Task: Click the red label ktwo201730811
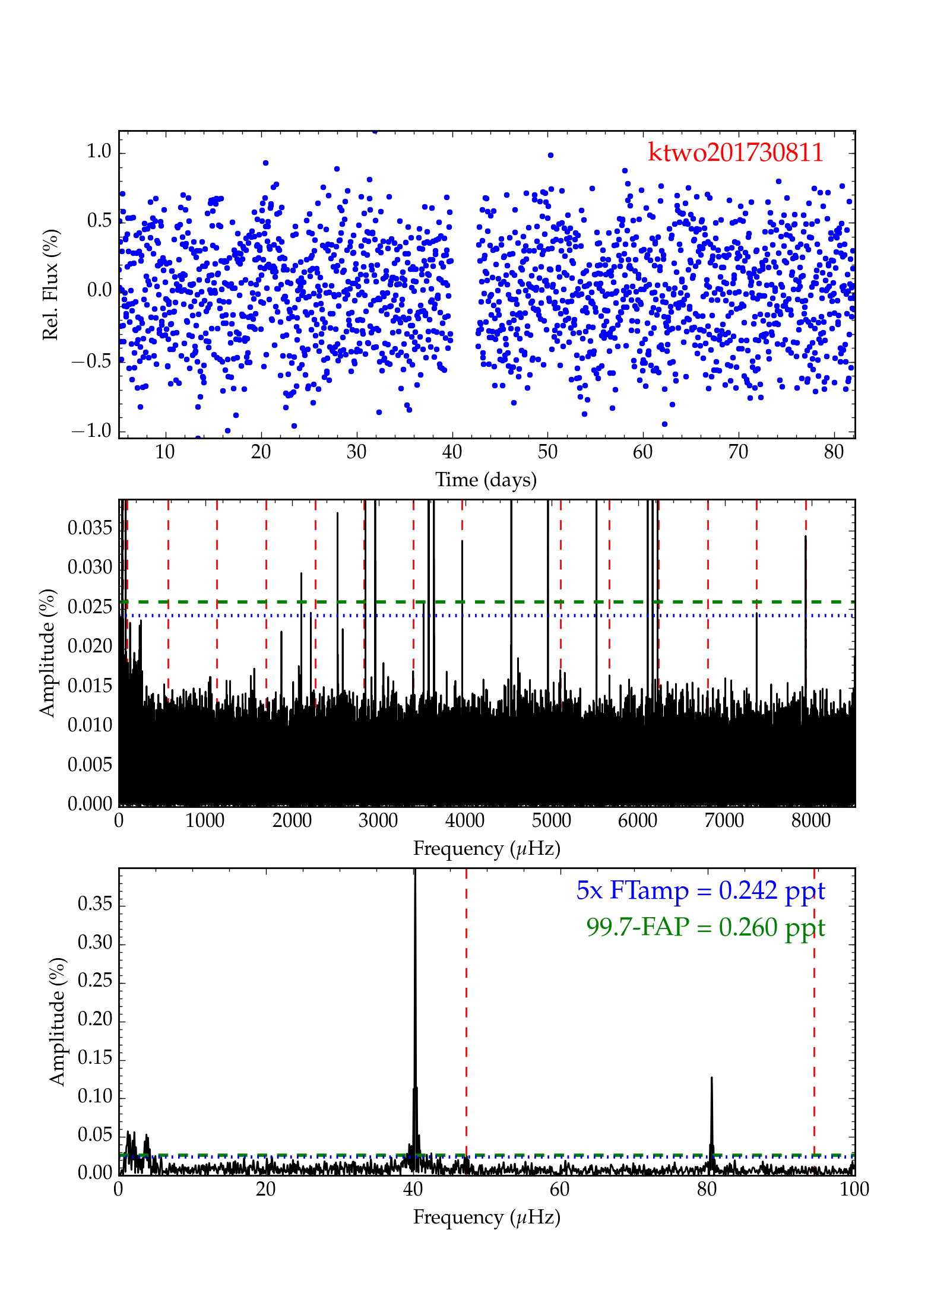click(735, 153)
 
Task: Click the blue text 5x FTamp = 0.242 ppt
click(700, 890)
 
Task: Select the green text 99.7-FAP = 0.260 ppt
click(705, 927)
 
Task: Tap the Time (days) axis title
click(486, 480)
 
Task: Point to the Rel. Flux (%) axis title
click(51, 285)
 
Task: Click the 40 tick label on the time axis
click(452, 452)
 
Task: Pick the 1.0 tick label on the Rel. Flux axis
click(99, 151)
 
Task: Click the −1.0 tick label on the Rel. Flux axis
click(92, 430)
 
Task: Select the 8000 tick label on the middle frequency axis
click(810, 821)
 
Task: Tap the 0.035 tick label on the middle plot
click(90, 527)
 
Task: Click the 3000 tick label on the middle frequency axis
click(378, 821)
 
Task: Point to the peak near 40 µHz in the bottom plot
click(415, 879)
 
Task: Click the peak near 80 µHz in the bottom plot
click(711, 1079)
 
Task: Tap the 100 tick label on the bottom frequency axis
click(854, 1189)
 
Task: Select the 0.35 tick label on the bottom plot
click(95, 904)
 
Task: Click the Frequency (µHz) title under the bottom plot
click(486, 1217)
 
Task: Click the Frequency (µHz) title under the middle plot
click(486, 848)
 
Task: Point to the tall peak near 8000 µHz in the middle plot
click(806, 537)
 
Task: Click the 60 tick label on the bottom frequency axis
click(560, 1189)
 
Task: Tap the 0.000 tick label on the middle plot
click(90, 804)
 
